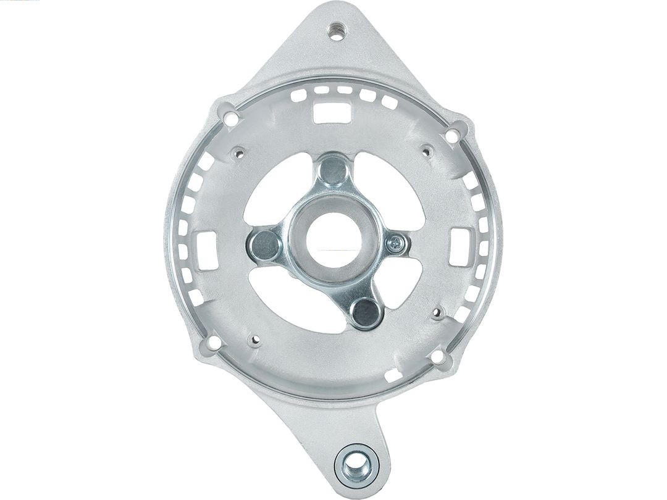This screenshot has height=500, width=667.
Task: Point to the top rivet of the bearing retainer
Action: tap(333, 170)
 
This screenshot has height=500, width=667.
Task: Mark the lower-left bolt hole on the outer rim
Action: tap(213, 341)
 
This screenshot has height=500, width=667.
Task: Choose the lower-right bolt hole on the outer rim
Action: tap(437, 357)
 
